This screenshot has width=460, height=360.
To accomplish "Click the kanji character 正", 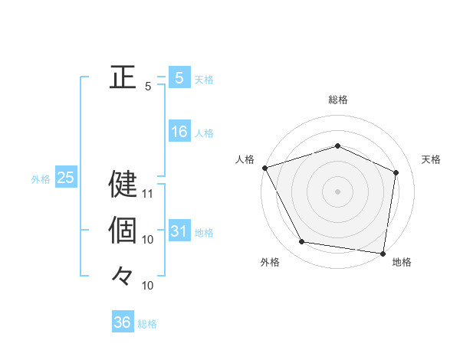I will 123,77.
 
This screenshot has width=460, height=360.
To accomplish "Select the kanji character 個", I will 123,229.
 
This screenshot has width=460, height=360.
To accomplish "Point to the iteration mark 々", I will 123,275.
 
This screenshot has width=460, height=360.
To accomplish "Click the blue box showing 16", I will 179,132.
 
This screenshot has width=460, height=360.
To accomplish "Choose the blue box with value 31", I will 179,231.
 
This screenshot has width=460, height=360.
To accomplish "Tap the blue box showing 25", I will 65,178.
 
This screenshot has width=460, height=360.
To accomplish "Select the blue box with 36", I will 123,322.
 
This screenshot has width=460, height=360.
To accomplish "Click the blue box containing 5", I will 179,78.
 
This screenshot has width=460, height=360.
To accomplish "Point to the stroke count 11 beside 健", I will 148,193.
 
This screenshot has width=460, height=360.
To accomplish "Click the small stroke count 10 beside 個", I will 148,240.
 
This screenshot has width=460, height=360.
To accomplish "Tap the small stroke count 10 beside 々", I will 148,286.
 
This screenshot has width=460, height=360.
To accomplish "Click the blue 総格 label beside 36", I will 147,324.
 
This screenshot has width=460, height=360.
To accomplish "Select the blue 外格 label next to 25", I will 41,179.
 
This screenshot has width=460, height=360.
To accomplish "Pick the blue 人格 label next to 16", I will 204,133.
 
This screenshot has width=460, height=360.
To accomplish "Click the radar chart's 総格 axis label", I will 338,100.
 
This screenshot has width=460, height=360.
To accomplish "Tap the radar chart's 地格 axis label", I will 402,263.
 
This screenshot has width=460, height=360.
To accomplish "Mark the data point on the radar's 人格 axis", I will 264,168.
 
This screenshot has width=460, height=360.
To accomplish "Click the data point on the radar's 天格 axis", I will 396,172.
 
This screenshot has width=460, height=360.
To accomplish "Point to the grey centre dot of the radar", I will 338,191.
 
